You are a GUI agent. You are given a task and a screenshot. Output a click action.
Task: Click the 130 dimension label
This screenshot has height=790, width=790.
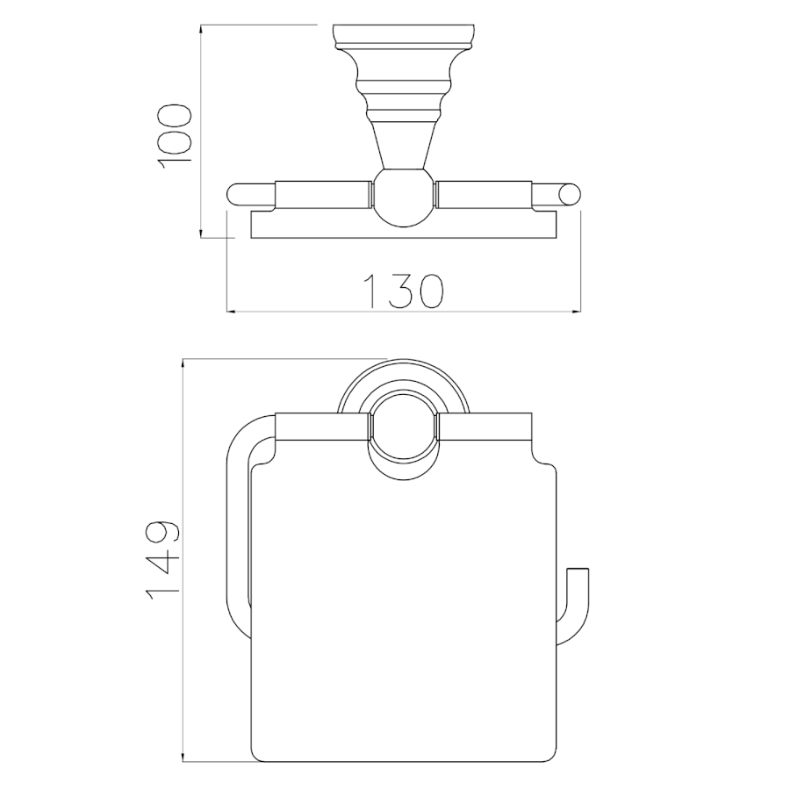click(x=403, y=291)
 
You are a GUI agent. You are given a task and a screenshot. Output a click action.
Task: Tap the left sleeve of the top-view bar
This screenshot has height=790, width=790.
click(x=323, y=194)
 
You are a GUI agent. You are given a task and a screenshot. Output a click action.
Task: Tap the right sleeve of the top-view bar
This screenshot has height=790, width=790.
click(x=485, y=194)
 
